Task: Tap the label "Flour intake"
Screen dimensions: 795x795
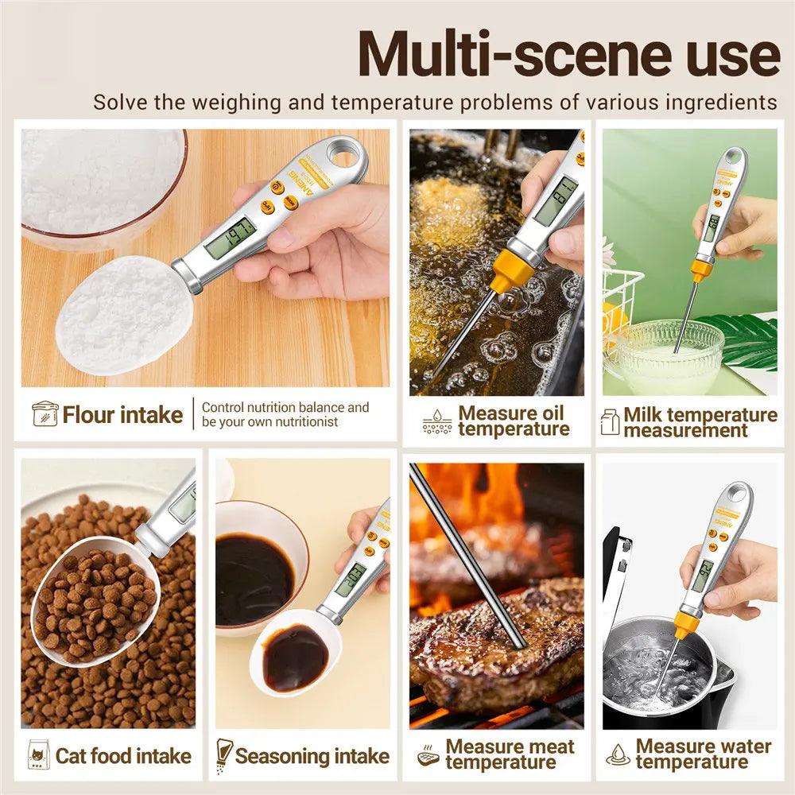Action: pyautogui.click(x=122, y=415)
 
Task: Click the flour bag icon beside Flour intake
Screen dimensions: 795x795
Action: pyautogui.click(x=45, y=414)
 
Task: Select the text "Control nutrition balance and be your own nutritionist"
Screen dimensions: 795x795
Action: pyautogui.click(x=285, y=414)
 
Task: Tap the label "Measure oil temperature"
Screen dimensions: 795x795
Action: pyautogui.click(x=513, y=421)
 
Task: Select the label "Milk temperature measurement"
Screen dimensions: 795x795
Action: pyautogui.click(x=700, y=422)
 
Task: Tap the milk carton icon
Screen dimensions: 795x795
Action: pyautogui.click(x=610, y=421)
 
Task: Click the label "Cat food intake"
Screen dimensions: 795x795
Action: pyautogui.click(x=123, y=755)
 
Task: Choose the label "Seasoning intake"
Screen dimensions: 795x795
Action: pyautogui.click(x=312, y=755)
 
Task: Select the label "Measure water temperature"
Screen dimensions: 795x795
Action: pyautogui.click(x=703, y=754)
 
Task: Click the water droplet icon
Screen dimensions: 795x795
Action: pyautogui.click(x=617, y=754)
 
